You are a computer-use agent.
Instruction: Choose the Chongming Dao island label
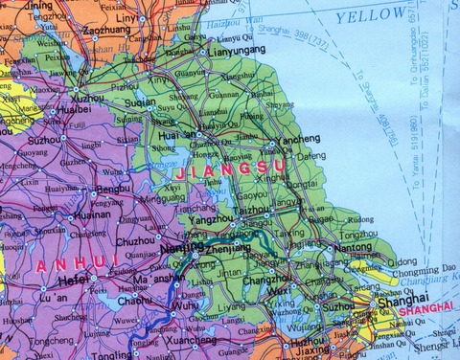pos(422,271)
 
